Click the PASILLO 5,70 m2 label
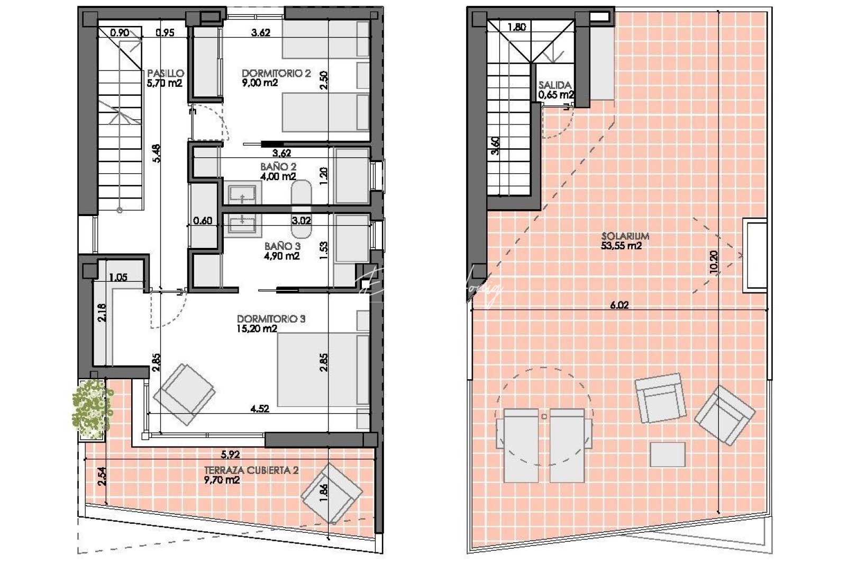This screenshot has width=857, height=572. point(165,78)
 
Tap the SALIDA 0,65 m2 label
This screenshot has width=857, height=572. point(555,90)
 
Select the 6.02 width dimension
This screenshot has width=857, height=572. point(619,305)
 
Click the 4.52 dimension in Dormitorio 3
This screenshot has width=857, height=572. point(259,408)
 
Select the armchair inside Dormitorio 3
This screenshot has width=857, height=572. point(184,395)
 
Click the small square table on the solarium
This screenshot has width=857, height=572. point(667,454)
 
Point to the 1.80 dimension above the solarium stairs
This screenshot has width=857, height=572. point(516,27)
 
